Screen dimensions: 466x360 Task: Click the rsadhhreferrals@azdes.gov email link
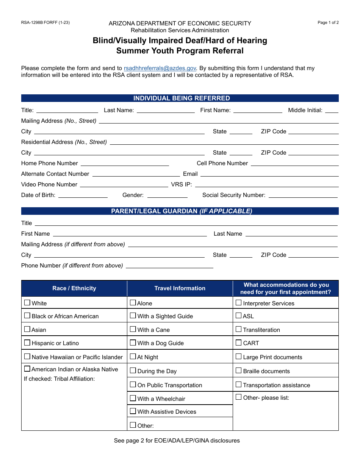coord(160,68)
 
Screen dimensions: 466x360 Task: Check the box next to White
coord(27,303)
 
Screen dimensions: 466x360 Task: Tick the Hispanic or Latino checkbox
coord(27,342)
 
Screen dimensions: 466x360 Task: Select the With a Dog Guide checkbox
coord(133,342)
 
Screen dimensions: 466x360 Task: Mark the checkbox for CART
coord(239,342)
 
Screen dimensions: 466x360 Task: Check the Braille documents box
coord(239,371)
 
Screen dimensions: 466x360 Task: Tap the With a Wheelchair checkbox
coord(133,398)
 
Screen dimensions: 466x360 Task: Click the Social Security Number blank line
coord(303,195)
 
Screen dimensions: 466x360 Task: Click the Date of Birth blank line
coord(83,195)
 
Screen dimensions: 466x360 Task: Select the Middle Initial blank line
coord(332,111)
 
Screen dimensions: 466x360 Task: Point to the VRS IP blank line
coord(266,185)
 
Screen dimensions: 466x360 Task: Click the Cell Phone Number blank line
coord(294,164)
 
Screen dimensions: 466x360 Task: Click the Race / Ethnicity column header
coord(74,288)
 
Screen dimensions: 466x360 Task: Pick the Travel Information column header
coord(180,288)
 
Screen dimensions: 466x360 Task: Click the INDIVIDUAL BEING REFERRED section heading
coord(180,98)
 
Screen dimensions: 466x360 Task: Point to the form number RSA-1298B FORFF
coord(45,22)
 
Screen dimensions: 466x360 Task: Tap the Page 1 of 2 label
coord(328,22)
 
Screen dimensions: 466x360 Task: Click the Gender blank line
coord(167,195)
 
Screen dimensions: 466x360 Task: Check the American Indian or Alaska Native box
coord(27,369)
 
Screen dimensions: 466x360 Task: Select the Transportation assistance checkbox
coord(239,385)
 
